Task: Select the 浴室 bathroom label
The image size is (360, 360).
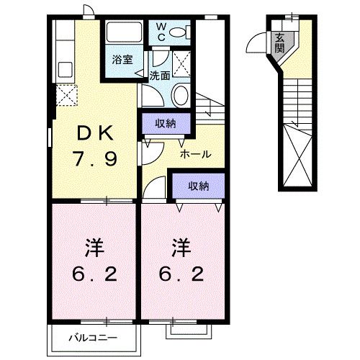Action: tap(122, 60)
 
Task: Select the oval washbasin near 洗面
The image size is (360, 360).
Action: tap(181, 95)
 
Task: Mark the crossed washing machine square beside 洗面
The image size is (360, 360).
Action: tap(183, 64)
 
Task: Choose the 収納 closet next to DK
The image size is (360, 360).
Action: tap(166, 124)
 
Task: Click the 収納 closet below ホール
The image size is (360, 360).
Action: tap(199, 186)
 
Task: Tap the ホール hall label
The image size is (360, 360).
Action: tap(195, 153)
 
